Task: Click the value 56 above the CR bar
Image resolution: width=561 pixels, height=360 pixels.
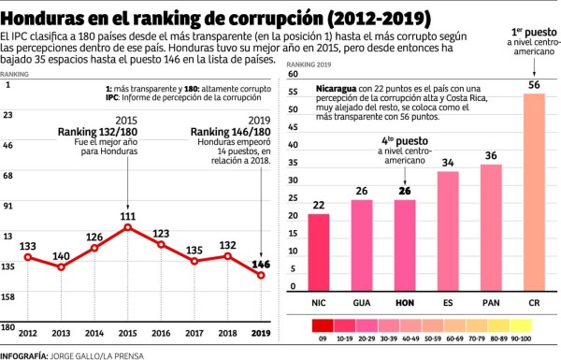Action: [x=534, y=85]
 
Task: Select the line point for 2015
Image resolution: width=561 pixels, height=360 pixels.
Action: [x=127, y=227]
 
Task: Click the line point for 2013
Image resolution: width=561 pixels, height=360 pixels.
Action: [x=61, y=267]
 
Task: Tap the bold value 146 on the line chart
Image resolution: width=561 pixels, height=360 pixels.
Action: [x=261, y=264]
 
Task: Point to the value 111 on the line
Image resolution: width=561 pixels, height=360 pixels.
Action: [x=127, y=215]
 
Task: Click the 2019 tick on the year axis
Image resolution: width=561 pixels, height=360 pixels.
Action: [x=261, y=333]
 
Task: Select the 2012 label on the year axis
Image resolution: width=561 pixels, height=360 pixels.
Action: [x=28, y=333]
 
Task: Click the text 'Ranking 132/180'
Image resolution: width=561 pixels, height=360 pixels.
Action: [x=98, y=132]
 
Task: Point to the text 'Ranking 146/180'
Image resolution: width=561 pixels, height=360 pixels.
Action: [x=231, y=132]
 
